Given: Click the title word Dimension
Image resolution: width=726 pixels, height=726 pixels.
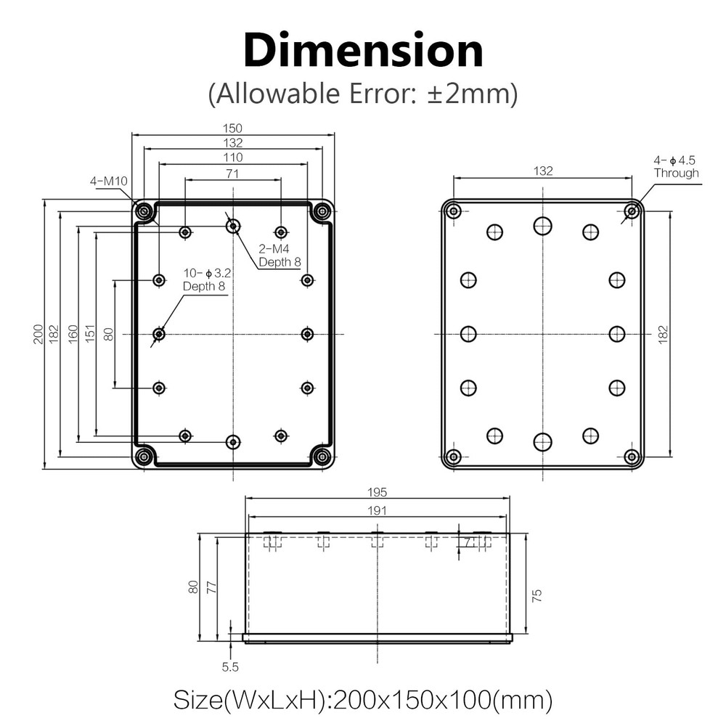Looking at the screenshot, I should (x=363, y=52).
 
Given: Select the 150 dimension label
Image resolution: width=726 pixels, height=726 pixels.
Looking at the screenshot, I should (x=232, y=129).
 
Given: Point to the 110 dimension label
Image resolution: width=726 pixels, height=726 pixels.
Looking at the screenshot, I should (x=232, y=158).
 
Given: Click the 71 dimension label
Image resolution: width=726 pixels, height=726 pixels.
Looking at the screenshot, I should (x=232, y=174).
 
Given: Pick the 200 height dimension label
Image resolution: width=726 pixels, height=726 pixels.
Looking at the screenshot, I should (x=38, y=334).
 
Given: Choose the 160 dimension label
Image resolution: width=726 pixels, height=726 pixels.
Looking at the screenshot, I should (x=73, y=334).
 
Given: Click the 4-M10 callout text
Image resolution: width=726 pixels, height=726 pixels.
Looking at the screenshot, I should (x=108, y=181).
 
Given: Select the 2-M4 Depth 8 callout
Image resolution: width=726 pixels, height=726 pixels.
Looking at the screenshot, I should (x=280, y=256).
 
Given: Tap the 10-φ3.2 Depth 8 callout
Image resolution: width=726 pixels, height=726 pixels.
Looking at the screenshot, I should (x=206, y=280).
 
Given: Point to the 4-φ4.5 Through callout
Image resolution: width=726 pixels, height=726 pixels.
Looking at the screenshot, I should (x=675, y=166).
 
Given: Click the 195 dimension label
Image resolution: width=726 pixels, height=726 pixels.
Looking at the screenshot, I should (x=378, y=492).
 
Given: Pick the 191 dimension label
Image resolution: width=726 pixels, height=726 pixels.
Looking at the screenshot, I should (x=378, y=510).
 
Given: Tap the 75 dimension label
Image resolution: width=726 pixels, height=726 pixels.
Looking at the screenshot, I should (x=537, y=595).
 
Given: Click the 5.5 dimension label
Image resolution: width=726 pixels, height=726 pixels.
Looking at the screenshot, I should (x=230, y=666).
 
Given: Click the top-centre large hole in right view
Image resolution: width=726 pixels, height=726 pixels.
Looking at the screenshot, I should (x=542, y=226).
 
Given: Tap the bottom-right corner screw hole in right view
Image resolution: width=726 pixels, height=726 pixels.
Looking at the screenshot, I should (x=632, y=457).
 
